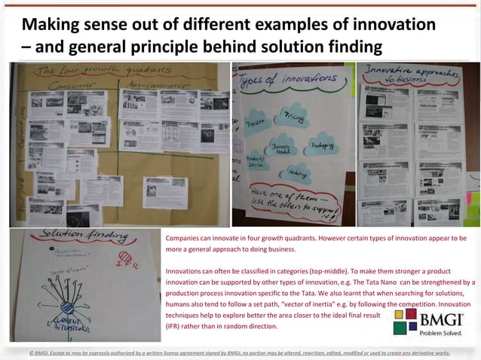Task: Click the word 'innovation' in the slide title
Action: point(397,24)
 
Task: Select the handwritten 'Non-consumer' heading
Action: point(156,84)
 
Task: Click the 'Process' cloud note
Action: point(256,123)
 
